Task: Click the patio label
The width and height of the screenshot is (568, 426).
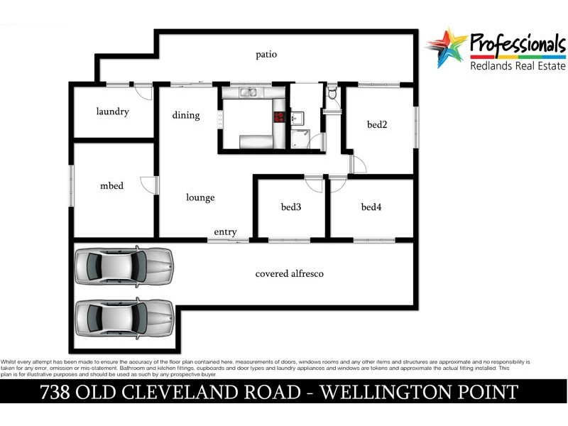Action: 267,55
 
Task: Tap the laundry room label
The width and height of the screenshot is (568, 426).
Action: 112,111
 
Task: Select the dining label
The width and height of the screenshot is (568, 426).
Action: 186,115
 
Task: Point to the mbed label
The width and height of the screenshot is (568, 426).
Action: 111,186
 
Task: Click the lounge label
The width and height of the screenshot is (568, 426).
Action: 200,197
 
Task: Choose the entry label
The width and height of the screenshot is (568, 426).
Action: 225,232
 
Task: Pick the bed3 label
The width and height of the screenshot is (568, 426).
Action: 291,207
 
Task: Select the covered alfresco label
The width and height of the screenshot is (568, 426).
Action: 290,273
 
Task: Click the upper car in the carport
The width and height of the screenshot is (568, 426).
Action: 124,266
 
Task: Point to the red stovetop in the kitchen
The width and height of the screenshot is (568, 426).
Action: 279,117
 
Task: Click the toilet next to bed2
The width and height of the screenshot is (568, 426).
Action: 332,94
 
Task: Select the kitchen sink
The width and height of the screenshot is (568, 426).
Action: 248,92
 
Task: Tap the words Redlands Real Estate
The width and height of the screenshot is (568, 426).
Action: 518,66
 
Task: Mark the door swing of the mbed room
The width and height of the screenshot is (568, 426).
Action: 148,185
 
